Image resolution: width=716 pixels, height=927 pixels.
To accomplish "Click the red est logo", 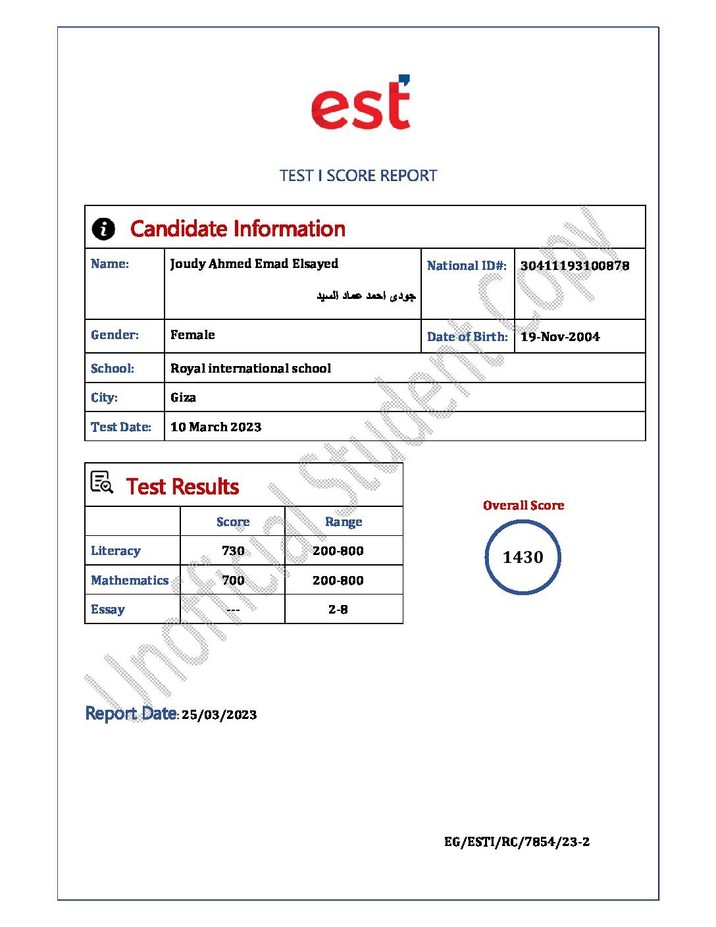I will (x=361, y=103).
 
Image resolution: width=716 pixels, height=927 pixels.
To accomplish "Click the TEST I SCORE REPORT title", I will (x=358, y=176).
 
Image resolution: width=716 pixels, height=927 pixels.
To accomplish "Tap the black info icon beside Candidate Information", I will (x=103, y=229).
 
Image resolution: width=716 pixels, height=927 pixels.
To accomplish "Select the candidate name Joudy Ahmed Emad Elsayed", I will (x=254, y=264).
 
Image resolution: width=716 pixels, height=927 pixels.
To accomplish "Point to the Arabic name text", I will (x=366, y=296).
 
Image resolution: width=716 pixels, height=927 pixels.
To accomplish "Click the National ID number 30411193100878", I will (x=575, y=266).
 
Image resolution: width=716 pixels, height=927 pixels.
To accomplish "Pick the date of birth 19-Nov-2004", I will (x=560, y=337).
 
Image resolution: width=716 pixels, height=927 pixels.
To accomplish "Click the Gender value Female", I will (x=193, y=335).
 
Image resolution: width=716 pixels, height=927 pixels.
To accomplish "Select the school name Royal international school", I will (x=251, y=369).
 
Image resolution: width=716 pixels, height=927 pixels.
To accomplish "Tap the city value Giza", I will (x=183, y=398).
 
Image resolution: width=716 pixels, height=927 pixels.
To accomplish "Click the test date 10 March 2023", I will (x=216, y=427).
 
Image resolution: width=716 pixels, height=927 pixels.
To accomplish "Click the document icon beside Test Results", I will (x=102, y=483).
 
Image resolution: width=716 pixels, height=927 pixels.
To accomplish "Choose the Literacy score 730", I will (x=233, y=551).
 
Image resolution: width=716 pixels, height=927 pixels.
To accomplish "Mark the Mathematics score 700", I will (x=233, y=581).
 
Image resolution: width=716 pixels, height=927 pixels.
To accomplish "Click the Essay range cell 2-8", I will (x=338, y=610).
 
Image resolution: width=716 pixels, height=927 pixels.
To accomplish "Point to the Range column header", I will (x=344, y=522).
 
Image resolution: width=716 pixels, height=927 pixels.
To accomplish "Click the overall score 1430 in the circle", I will (x=523, y=558).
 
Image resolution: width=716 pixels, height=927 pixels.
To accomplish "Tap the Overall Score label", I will (x=523, y=506).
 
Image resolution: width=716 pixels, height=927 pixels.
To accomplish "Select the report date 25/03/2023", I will (x=219, y=715).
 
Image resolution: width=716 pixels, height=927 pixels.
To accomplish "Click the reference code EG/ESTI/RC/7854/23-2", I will (x=517, y=842).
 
